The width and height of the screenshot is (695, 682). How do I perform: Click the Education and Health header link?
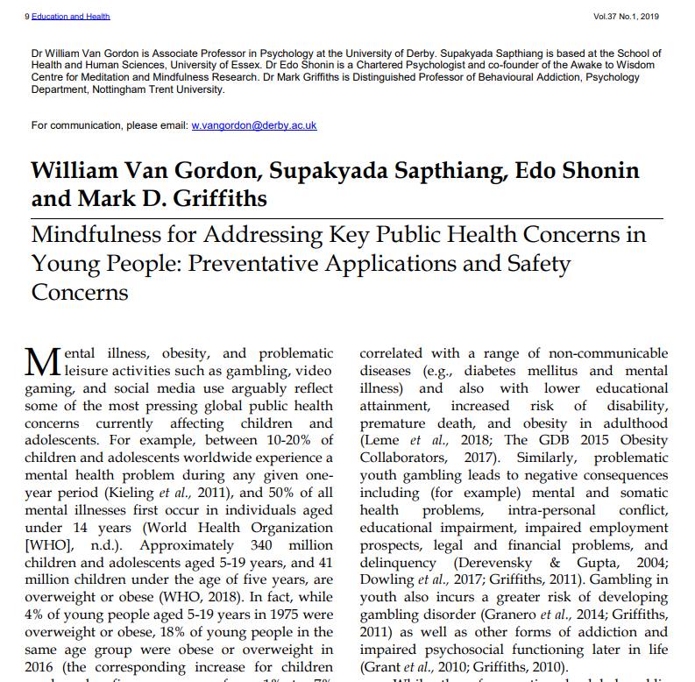[x=71, y=17]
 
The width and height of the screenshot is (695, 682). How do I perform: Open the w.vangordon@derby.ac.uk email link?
[x=254, y=125]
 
